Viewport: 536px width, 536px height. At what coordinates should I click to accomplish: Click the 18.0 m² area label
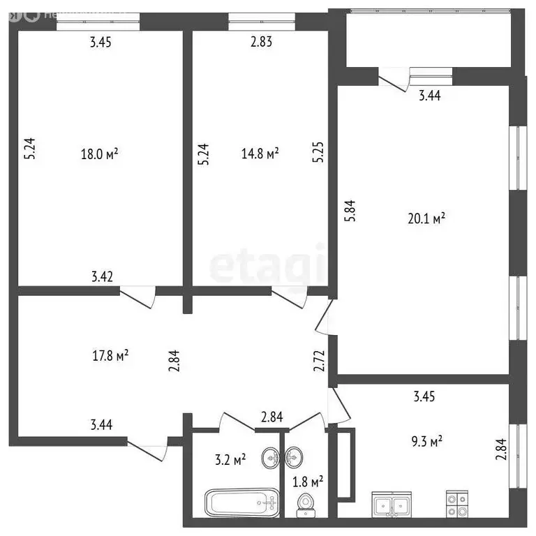[x=100, y=154]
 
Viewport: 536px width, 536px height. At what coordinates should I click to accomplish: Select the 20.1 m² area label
[x=428, y=219]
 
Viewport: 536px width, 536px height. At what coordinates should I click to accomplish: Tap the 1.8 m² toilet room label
[x=306, y=481]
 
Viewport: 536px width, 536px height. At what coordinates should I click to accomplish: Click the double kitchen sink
[x=391, y=505]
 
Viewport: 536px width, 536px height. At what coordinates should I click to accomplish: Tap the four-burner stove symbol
[x=458, y=505]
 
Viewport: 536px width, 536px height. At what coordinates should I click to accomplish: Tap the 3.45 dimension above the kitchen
[x=424, y=398]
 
